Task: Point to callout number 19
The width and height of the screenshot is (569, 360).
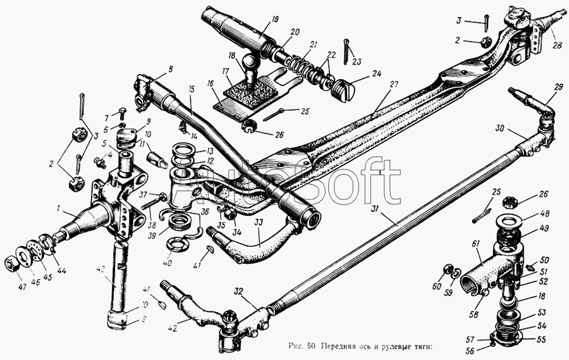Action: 257,20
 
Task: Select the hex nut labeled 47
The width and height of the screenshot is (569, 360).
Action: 11,262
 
